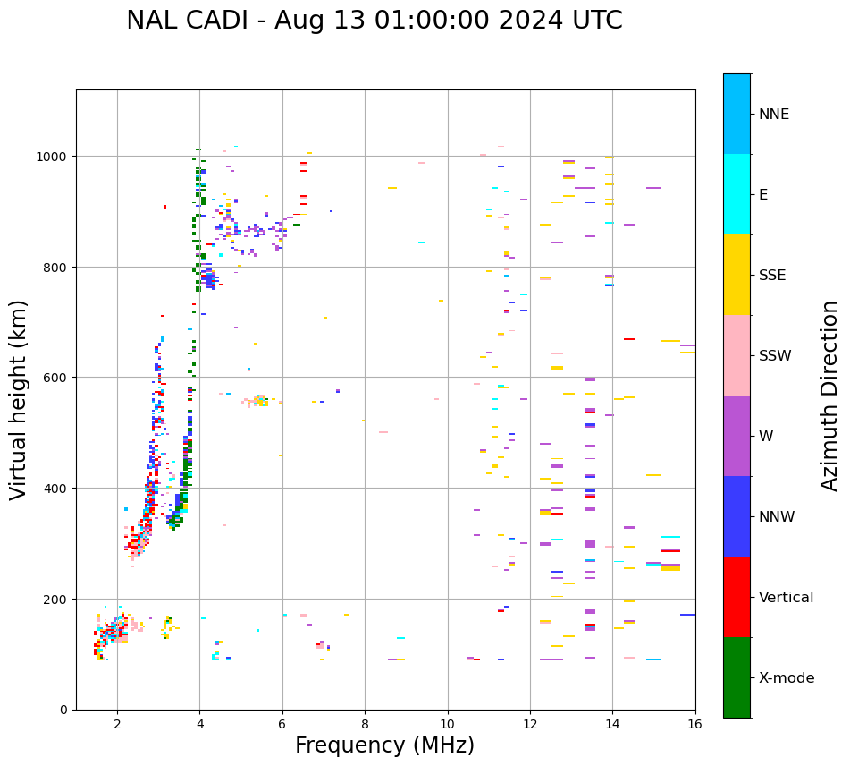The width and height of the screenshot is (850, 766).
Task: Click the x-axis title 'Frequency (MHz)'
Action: click(x=384, y=745)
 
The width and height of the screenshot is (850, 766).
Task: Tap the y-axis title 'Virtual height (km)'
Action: click(x=19, y=400)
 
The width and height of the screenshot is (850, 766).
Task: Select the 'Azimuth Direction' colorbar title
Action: click(x=830, y=396)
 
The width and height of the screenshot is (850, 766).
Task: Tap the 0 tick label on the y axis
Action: click(x=63, y=710)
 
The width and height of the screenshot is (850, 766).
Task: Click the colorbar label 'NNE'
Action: click(x=774, y=114)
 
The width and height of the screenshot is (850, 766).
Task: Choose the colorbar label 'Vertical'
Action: click(x=787, y=597)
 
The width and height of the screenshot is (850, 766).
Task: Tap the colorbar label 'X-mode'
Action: click(x=787, y=677)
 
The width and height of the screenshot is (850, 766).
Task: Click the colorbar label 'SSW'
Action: click(x=775, y=355)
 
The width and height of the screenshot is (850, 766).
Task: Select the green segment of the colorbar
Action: click(x=736, y=677)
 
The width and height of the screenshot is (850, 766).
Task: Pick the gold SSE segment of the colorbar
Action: click(x=736, y=275)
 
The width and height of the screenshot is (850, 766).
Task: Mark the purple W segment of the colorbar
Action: click(x=736, y=436)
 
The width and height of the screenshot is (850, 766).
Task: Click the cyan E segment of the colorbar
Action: click(x=736, y=194)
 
